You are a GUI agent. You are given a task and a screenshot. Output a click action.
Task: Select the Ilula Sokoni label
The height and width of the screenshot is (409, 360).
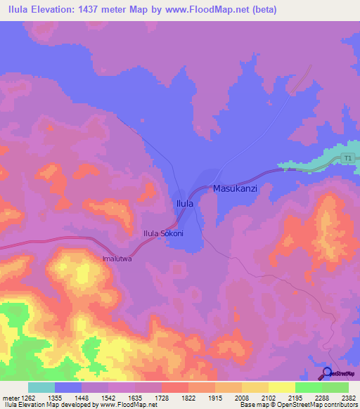point(163,233)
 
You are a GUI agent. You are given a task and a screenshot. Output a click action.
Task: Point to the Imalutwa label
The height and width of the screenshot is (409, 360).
point(118,258)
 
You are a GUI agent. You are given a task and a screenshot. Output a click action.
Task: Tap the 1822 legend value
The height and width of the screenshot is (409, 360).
point(188,398)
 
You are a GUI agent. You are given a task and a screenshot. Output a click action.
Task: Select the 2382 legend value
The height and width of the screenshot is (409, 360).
point(349,398)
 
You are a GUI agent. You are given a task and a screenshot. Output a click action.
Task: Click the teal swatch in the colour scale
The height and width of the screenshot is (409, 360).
point(41,387)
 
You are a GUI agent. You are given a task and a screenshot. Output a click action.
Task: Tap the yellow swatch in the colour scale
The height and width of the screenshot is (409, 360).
point(281,387)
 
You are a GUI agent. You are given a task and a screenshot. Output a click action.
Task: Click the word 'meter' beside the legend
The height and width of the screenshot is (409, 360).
point(9,398)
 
